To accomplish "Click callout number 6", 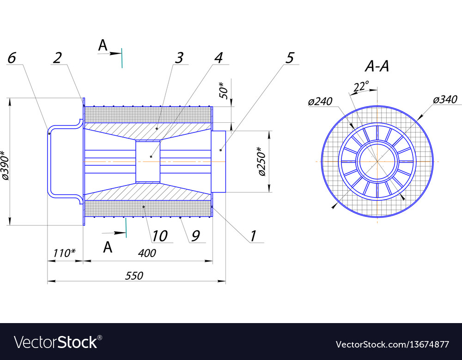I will click(x=12, y=58).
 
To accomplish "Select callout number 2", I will click(x=57, y=58).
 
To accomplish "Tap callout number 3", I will click(x=179, y=58).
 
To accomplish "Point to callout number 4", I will click(x=219, y=58).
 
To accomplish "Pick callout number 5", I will click(x=290, y=58).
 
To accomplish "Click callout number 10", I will click(x=160, y=236).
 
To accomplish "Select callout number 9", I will click(x=195, y=236).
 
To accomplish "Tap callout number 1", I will click(x=253, y=236).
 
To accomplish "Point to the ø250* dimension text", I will click(x=261, y=162).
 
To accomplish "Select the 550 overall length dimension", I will click(x=134, y=276).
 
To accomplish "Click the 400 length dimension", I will click(x=147, y=253).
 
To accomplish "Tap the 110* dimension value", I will click(x=64, y=253).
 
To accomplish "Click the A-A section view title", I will click(x=377, y=67).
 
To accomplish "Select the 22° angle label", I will click(x=361, y=86).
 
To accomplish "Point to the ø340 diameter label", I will click(x=445, y=99).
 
